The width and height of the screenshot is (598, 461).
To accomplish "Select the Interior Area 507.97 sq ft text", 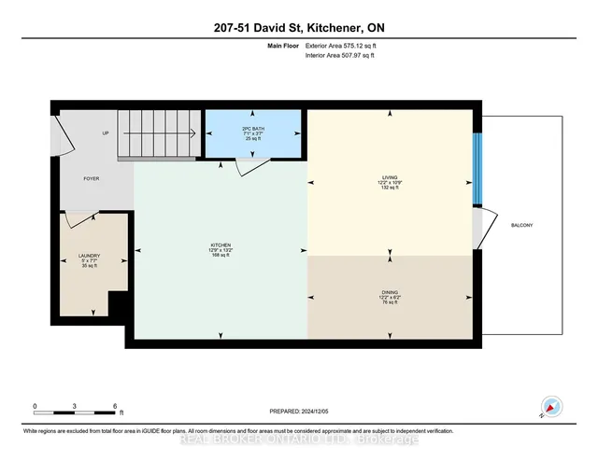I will [341, 56].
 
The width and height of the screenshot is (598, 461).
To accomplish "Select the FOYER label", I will [91, 178].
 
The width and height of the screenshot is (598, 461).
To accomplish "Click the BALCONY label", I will [521, 225].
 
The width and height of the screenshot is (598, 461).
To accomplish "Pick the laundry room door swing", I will [80, 219].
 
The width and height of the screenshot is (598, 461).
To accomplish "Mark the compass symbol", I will [552, 406].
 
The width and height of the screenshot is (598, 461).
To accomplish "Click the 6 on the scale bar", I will [113, 405].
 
